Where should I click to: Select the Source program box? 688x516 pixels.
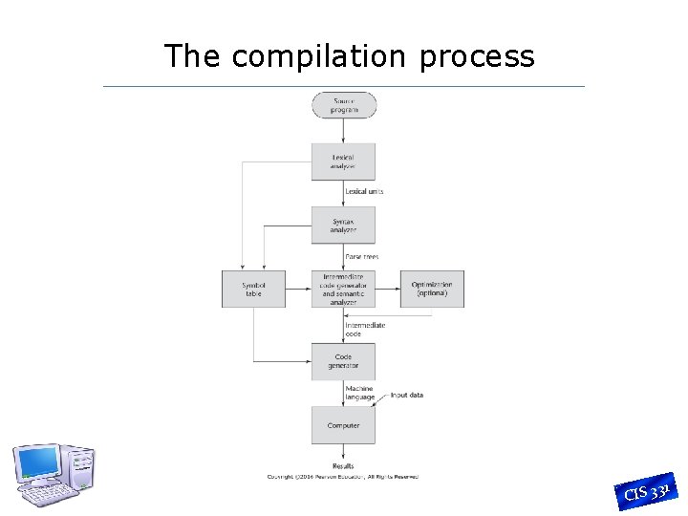(344, 105)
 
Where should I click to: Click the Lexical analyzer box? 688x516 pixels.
(343, 161)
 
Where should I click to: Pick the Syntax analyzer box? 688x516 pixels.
(343, 225)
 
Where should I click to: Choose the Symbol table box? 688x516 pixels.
(253, 289)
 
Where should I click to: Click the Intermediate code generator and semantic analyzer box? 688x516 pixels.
(343, 289)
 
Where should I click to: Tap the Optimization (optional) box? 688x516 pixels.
(432, 289)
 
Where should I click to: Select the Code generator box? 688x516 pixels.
(343, 361)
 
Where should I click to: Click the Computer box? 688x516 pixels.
(343, 425)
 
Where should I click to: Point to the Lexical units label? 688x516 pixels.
(364, 192)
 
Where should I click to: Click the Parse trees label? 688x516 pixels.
(362, 257)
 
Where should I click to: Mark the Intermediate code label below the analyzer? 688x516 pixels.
(365, 330)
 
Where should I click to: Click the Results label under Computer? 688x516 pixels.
(343, 466)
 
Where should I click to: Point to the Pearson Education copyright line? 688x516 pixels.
(342, 477)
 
